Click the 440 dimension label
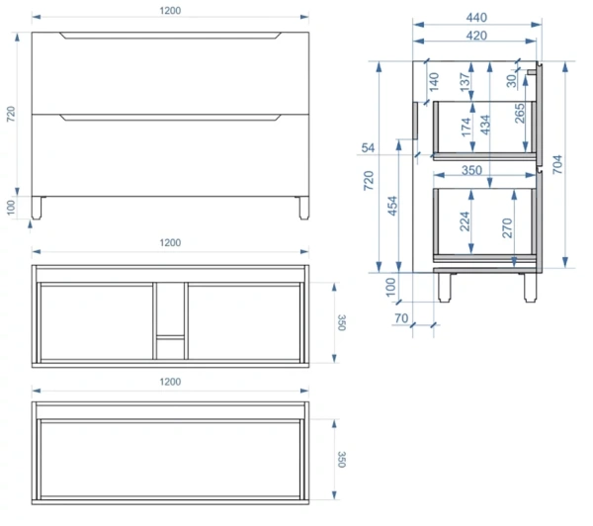coord(476,18)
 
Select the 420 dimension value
coord(476,36)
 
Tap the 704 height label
coord(557,164)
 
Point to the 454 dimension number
coord(392,206)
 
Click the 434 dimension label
coord(484,125)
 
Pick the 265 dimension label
coord(520,113)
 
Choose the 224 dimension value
coord(465,221)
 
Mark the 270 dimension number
coord(507,227)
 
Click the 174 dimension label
coord(466,128)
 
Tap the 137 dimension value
coord(465,82)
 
